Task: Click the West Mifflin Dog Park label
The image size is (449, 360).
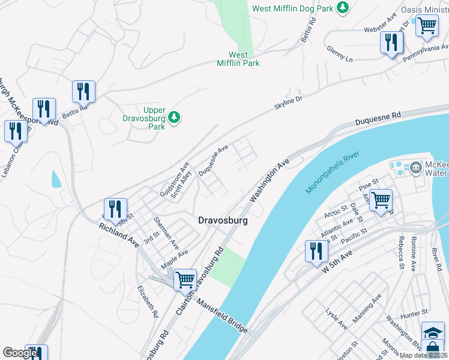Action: tap(292, 8)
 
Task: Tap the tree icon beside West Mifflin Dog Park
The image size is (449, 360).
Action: tap(342, 8)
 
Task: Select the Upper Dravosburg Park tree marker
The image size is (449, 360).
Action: tap(174, 116)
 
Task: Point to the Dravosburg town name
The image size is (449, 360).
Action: tap(223, 221)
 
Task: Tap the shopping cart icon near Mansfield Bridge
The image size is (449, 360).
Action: tap(185, 279)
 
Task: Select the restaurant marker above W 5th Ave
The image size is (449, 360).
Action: tap(317, 251)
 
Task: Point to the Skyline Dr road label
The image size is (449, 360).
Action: tap(289, 102)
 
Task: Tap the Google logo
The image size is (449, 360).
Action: tap(20, 353)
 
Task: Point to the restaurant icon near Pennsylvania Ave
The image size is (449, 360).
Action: tap(391, 43)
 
